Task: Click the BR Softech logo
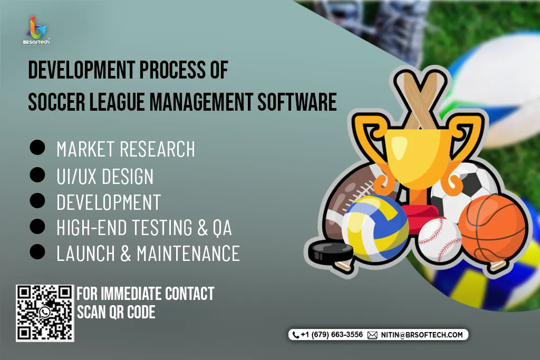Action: [36, 31]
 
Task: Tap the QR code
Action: [45, 313]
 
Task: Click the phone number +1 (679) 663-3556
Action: [332, 335]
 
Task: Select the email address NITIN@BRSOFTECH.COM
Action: [421, 335]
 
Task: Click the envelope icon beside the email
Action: [372, 335]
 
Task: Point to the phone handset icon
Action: [295, 335]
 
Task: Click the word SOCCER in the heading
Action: [56, 102]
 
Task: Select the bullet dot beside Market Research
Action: [37, 148]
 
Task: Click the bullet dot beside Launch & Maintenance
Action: [37, 251]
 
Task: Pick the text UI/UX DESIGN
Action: [105, 176]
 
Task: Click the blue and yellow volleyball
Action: [375, 228]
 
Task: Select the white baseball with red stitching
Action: [439, 240]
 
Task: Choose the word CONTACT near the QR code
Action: [189, 294]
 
